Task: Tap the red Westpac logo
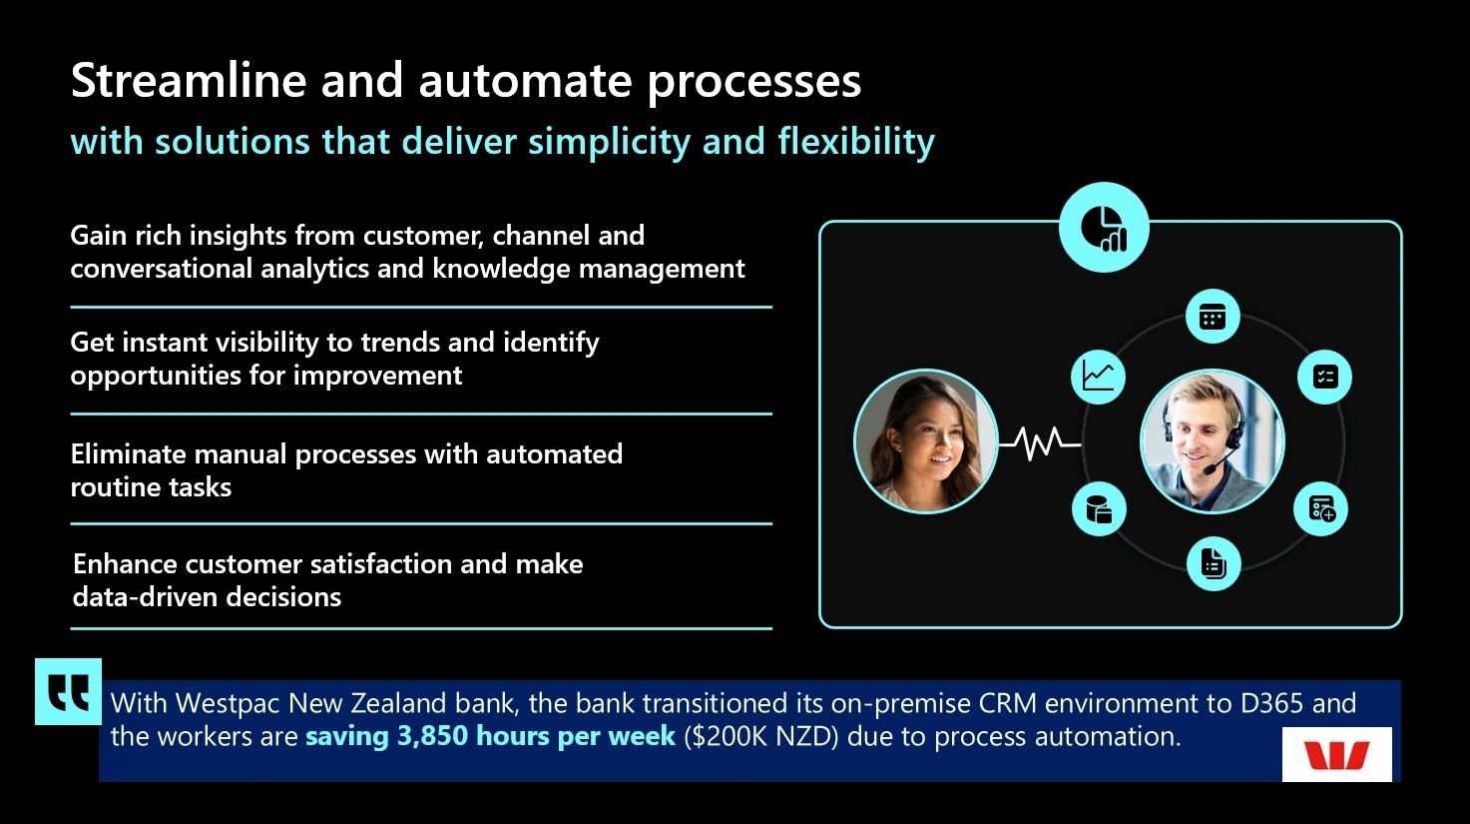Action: tap(1336, 754)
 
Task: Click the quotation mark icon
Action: tap(68, 691)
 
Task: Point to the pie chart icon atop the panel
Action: tap(1104, 228)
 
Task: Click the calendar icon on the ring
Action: tap(1213, 318)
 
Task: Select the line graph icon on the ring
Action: tap(1098, 377)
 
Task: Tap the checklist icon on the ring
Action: tap(1325, 377)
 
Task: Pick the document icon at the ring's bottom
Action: tap(1213, 563)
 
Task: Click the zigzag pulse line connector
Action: tap(1040, 441)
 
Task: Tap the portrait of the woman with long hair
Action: tap(926, 441)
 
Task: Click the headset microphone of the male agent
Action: tap(1210, 467)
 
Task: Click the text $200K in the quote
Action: tap(731, 737)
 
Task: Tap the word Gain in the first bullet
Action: tap(97, 236)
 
